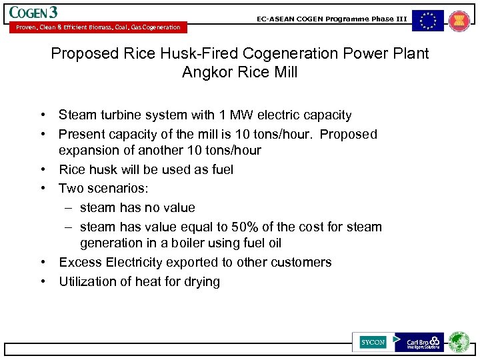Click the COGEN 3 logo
tap(33, 12)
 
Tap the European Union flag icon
tap(427, 21)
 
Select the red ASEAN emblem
tap(459, 21)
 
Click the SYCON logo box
tap(373, 342)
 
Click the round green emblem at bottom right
tap(459, 341)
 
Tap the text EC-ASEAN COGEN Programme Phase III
tap(331, 19)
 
